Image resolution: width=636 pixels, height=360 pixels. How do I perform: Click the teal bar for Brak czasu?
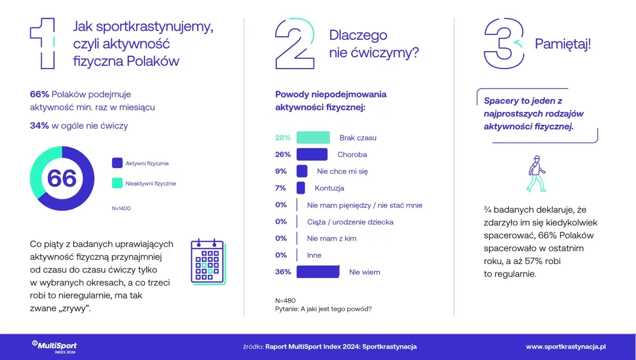point(313,138)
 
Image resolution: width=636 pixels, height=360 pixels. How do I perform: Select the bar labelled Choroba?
point(312,155)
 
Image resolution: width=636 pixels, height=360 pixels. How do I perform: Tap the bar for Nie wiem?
point(318,272)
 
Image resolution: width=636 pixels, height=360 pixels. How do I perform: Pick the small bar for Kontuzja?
point(301,188)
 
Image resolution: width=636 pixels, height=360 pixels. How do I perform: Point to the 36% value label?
point(283,272)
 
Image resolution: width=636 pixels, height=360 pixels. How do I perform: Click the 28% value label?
point(283,138)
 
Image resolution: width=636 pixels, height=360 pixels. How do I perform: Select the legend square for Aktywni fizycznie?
point(117,163)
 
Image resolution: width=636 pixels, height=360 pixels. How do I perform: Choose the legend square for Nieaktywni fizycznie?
point(117,183)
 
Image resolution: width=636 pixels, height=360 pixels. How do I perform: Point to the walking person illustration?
point(536,174)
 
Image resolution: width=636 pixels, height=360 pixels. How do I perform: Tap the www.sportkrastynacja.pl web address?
point(566,347)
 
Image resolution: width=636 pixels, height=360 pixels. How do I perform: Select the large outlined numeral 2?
point(295,43)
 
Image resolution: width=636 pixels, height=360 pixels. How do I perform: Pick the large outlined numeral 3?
point(504,43)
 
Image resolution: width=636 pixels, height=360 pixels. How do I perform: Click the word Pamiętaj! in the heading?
point(563,44)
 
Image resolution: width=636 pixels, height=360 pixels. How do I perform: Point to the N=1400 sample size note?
point(121,208)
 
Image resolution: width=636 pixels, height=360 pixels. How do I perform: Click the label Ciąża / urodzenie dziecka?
point(350,222)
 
